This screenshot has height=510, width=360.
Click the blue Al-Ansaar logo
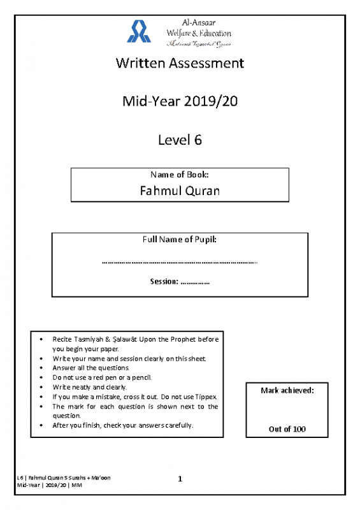[x=140, y=31]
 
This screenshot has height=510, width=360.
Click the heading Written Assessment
[x=180, y=63]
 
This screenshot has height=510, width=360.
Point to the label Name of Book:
[x=180, y=174]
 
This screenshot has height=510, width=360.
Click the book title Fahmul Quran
[x=180, y=190]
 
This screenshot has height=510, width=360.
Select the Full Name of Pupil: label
[x=180, y=239]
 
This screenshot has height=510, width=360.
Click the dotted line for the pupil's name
[x=180, y=261]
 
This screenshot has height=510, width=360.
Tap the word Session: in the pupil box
[x=164, y=281]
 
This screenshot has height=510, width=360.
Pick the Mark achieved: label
[x=287, y=390]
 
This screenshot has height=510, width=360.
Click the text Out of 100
[x=287, y=429]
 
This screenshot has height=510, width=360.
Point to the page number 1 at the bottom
[x=180, y=479]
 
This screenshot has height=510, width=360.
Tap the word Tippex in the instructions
[x=206, y=397]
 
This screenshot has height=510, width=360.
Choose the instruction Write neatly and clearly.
[x=90, y=387]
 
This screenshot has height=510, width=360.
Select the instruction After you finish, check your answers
[x=123, y=425]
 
